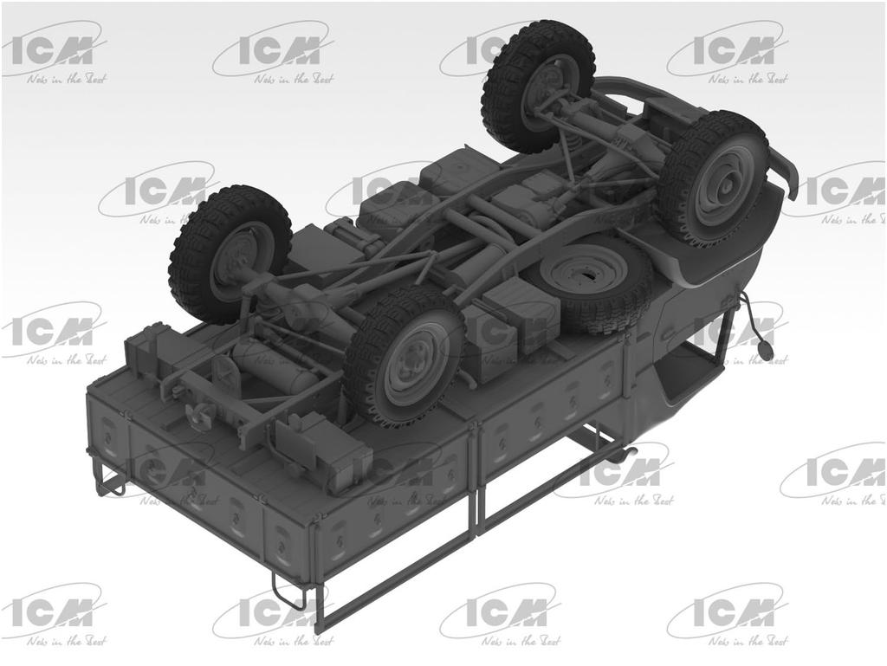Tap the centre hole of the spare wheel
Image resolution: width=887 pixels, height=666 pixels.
coord(592,275)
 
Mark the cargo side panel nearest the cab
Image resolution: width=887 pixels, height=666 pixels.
coord(554,398)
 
